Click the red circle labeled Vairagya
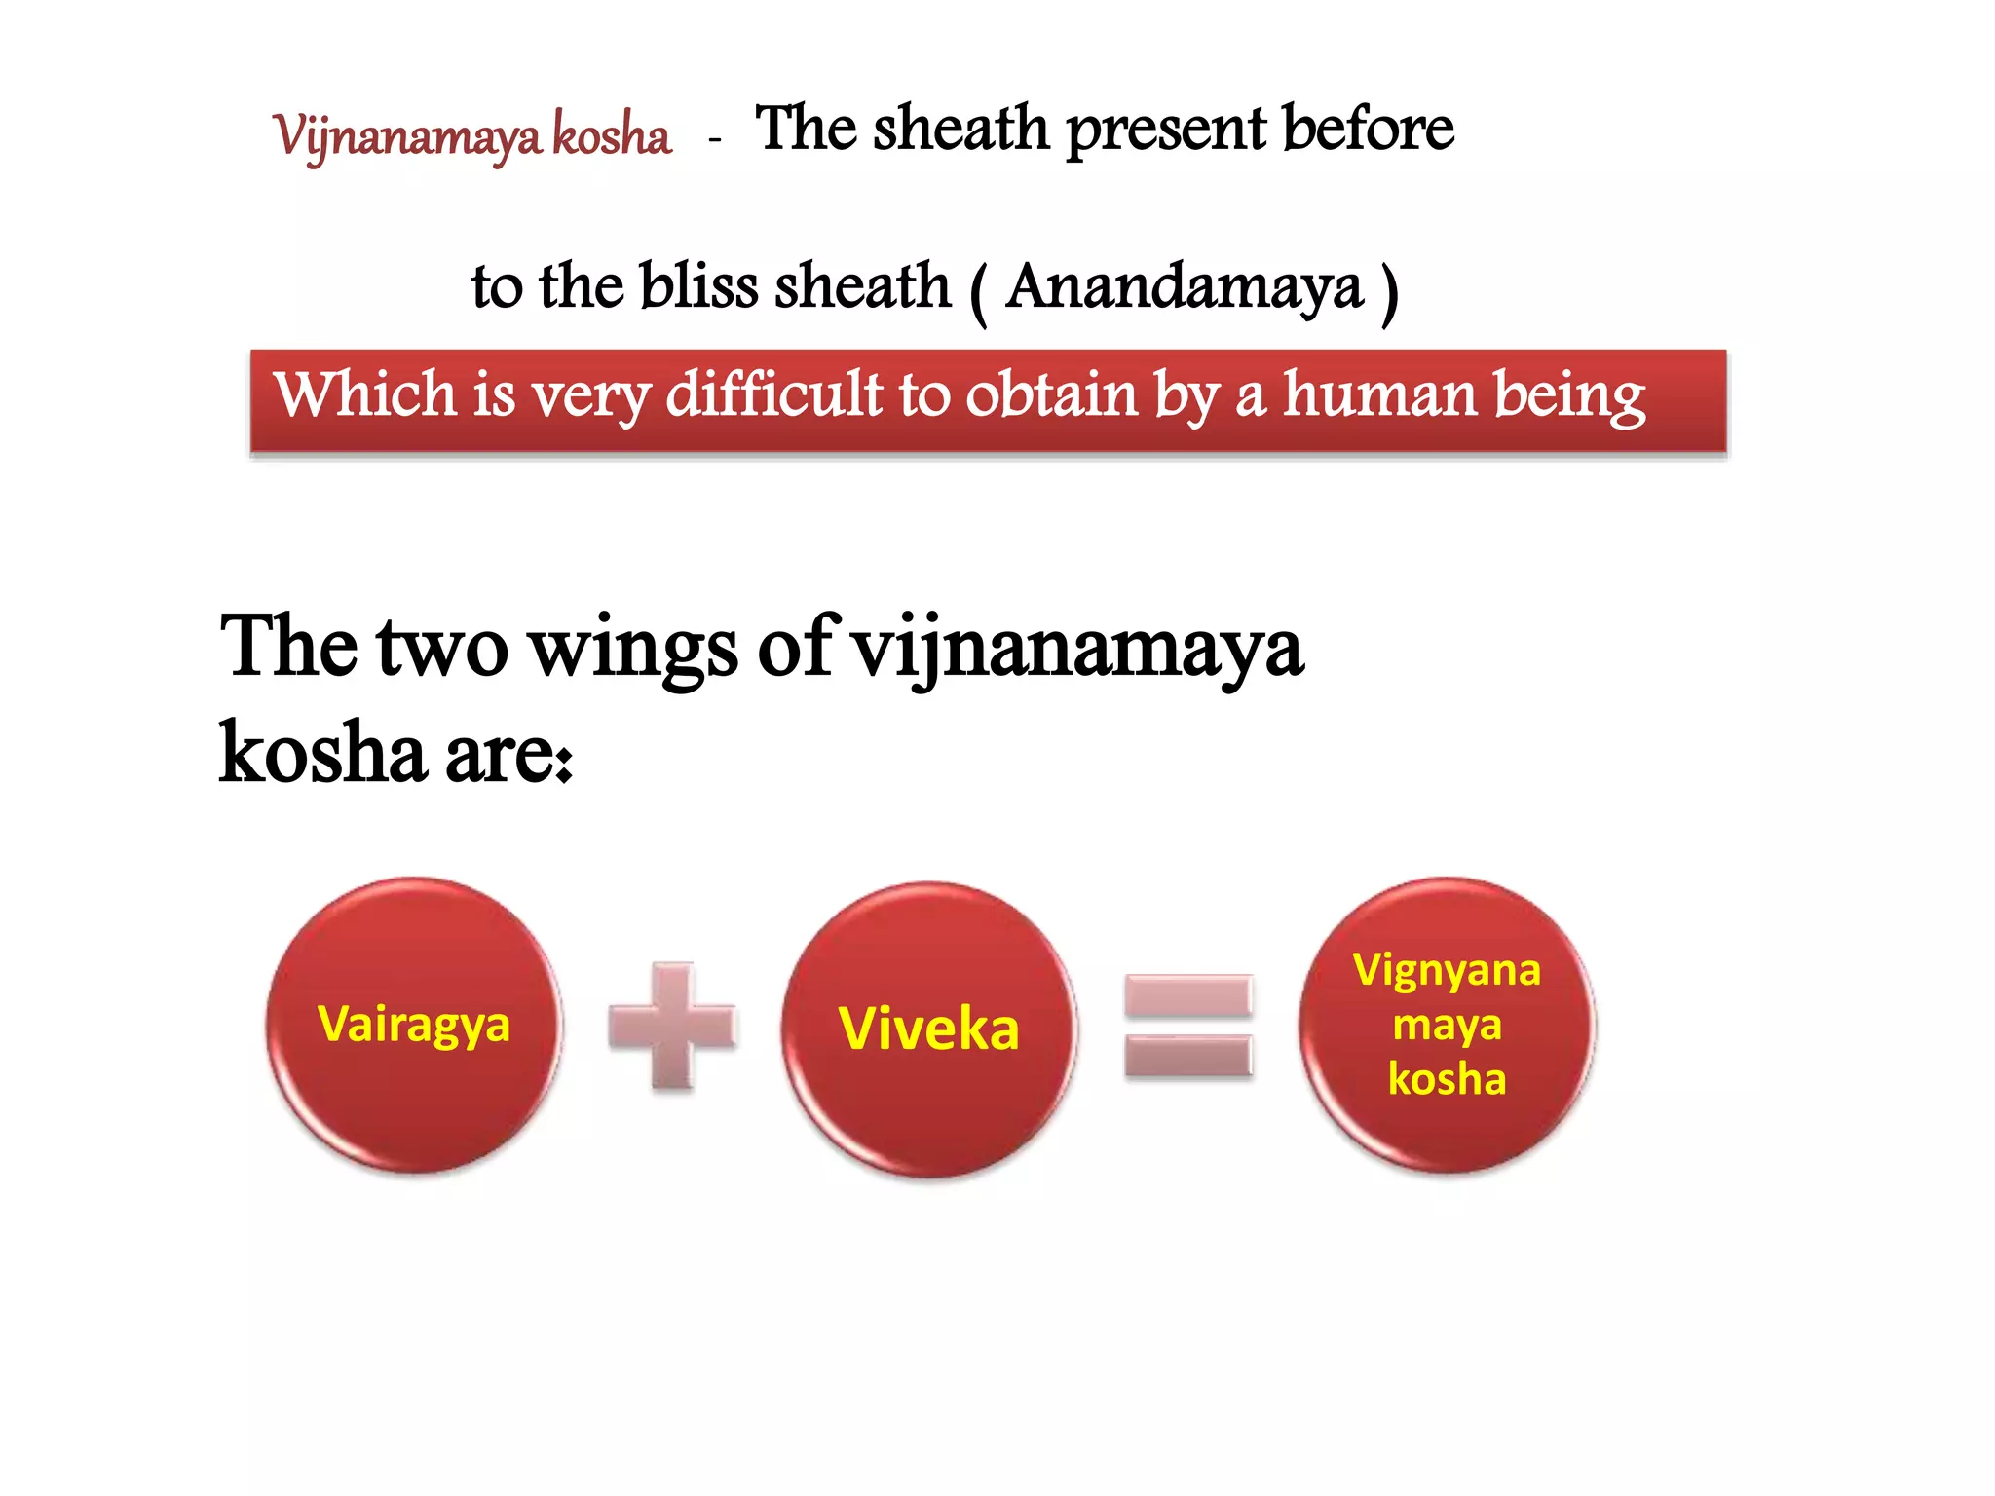(x=414, y=1025)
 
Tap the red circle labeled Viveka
(x=928, y=1028)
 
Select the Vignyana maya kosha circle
(x=1447, y=1025)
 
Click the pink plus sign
(x=672, y=1026)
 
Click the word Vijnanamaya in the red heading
(x=407, y=136)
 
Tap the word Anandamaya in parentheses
(x=1184, y=287)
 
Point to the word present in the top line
(x=1167, y=130)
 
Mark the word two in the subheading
(x=443, y=648)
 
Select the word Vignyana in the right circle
(x=1447, y=971)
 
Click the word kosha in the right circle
(x=1447, y=1079)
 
